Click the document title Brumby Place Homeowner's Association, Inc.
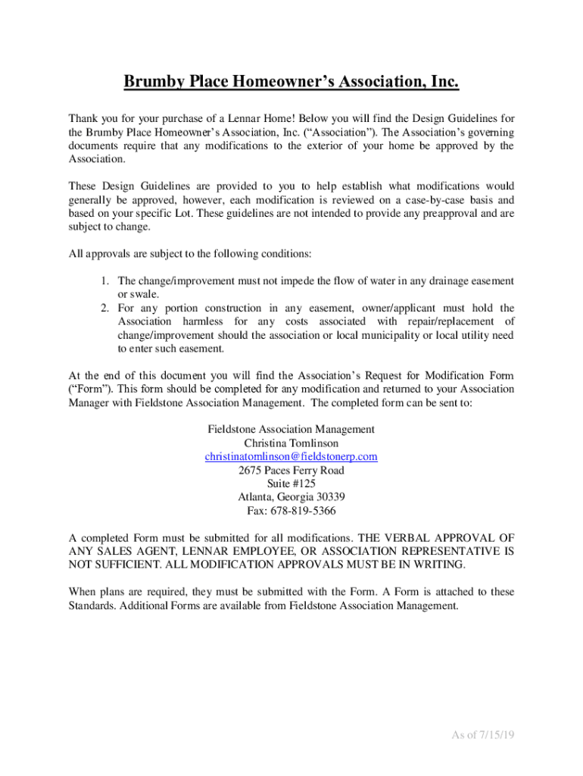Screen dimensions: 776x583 tap(291, 81)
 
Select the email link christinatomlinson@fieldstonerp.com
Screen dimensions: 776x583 tap(291, 457)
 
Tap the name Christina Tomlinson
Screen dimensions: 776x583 tap(291, 443)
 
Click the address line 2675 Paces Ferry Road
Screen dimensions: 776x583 tap(291, 471)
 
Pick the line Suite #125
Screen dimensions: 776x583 tap(291, 483)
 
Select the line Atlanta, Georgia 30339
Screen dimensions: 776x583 tap(291, 497)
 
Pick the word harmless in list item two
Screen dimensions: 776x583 tap(197, 322)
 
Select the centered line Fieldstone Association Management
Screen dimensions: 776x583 tap(291, 430)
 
